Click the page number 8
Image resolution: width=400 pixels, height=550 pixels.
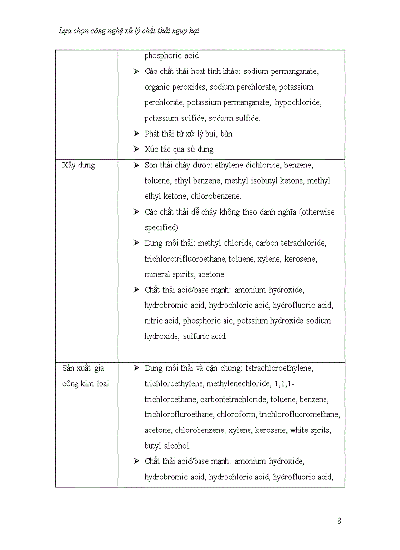pyautogui.click(x=339, y=521)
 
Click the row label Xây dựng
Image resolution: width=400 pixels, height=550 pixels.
pyautogui.click(x=78, y=165)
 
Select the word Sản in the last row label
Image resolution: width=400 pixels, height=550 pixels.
pyautogui.click(x=69, y=368)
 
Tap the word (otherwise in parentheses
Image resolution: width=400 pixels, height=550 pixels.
pyautogui.click(x=317, y=212)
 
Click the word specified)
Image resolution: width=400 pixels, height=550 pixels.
pyautogui.click(x=161, y=228)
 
